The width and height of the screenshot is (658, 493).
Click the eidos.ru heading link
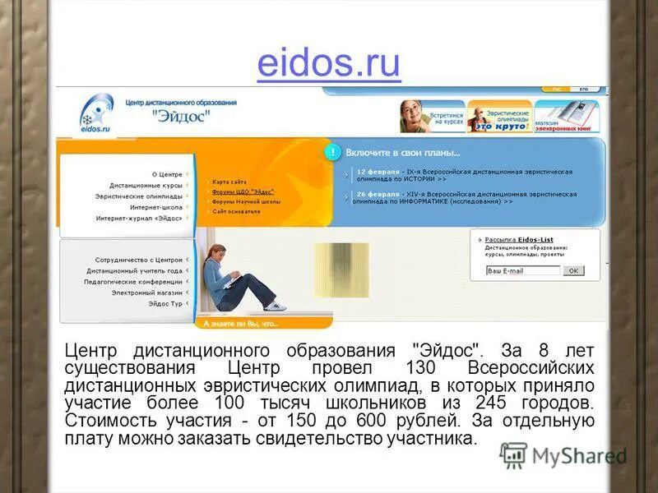(328, 63)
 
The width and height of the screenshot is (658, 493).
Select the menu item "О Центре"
(166, 174)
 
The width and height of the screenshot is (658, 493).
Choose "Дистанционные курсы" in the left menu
(146, 186)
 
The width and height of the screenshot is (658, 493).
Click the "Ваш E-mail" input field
(522, 270)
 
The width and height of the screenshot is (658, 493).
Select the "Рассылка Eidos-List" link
(518, 240)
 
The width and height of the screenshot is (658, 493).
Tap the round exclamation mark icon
(332, 152)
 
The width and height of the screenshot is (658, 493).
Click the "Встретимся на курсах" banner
(433, 117)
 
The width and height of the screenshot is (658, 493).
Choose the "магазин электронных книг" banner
(568, 117)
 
